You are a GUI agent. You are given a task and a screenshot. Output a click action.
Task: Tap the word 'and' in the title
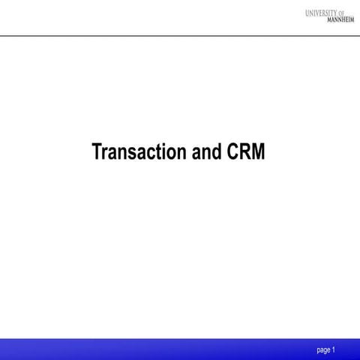click(x=203, y=151)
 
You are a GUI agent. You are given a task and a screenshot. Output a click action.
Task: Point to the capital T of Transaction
click(x=97, y=151)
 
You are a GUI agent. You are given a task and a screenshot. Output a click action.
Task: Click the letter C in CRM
click(x=231, y=151)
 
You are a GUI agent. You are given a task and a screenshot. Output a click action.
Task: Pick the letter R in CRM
click(x=244, y=151)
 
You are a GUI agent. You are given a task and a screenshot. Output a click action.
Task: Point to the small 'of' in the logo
click(x=350, y=13)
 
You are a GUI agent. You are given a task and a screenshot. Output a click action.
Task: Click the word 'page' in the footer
click(x=324, y=349)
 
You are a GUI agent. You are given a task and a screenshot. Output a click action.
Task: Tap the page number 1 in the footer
click(x=334, y=349)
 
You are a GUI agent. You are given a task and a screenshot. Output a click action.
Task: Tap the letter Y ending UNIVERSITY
click(x=342, y=13)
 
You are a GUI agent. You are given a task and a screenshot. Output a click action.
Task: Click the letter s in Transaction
click(x=131, y=153)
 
